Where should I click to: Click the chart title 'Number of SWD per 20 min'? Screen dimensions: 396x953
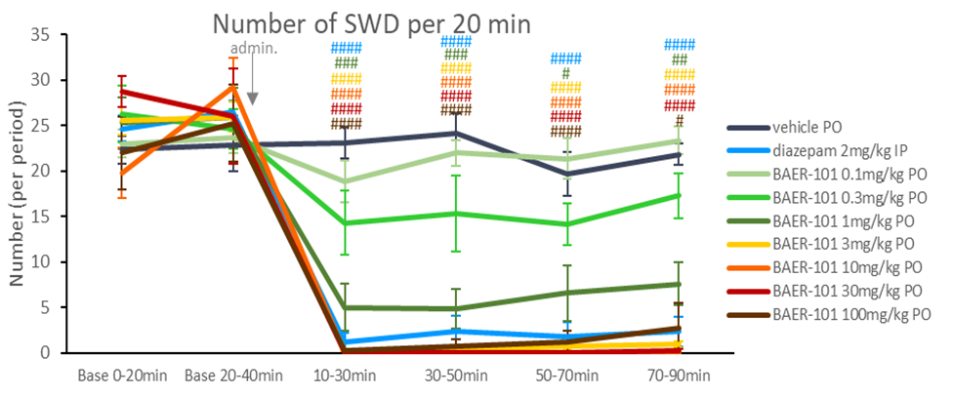(x=372, y=23)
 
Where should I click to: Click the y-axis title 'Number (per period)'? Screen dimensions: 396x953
(x=17, y=196)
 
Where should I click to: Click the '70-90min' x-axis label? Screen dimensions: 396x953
(x=678, y=375)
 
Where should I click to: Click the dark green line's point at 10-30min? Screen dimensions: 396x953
(x=345, y=307)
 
